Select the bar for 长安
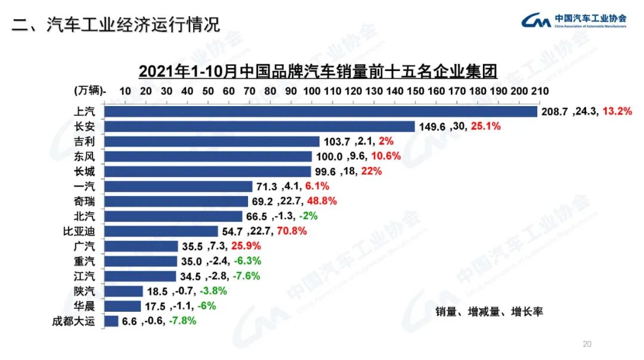coord(259,126)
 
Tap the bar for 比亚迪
coord(161,231)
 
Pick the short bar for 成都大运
coord(111,321)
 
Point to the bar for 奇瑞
coord(176,201)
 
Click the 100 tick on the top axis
coord(312,91)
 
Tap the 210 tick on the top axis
coord(540,91)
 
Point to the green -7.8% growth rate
coord(182,321)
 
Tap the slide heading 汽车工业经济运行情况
coord(116,24)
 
